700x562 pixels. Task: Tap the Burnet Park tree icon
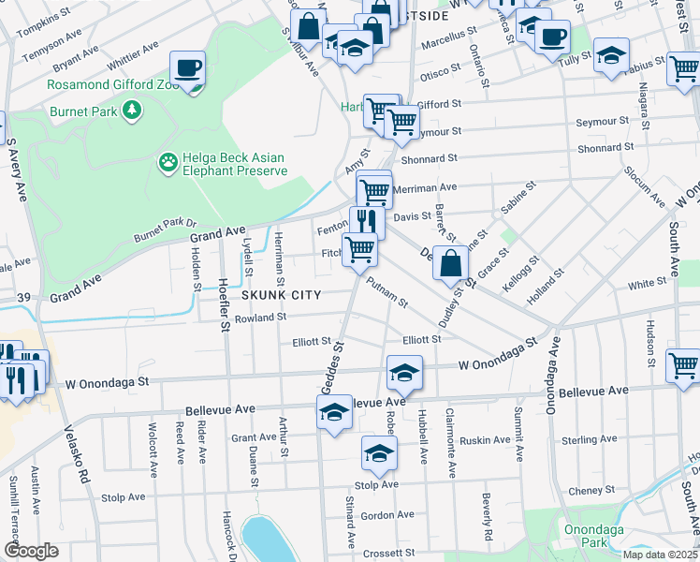[134, 111]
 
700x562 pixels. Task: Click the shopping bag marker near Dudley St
[450, 263]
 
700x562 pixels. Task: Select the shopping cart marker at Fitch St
[360, 249]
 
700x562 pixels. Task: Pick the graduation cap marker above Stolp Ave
[379, 452]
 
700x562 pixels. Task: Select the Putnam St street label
[386, 291]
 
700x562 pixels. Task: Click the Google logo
[31, 551]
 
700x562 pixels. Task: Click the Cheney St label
[591, 490]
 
